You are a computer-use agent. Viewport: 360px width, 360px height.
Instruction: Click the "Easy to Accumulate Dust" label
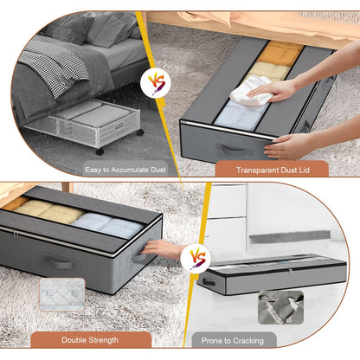click(x=125, y=170)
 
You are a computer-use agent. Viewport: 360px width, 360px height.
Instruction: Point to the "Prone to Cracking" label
click(x=235, y=340)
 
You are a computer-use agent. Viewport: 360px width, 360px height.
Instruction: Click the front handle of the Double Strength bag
click(x=59, y=260)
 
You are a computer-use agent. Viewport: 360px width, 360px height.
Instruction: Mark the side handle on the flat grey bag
click(x=209, y=281)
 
